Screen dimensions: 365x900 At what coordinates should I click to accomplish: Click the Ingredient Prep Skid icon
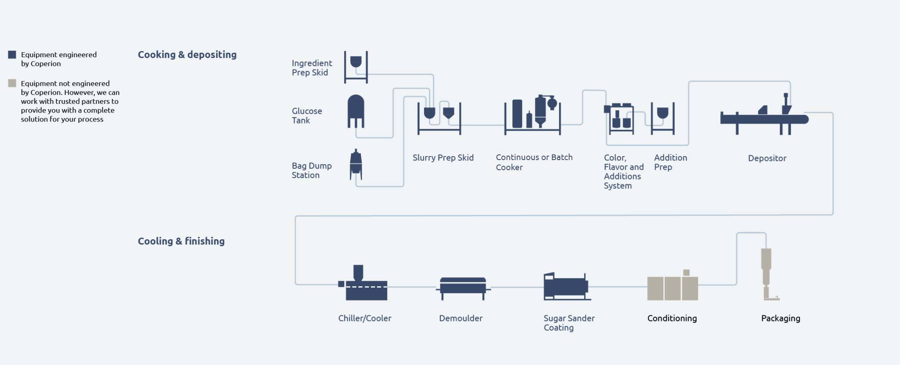tap(356, 67)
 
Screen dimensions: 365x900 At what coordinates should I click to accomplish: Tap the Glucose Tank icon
tap(356, 111)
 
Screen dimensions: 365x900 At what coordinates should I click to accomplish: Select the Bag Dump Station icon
tap(356, 165)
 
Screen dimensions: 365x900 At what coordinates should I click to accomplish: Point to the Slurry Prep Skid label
tap(443, 157)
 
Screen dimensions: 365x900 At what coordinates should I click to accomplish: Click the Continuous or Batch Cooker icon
tap(533, 114)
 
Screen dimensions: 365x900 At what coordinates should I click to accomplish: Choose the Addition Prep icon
tap(663, 118)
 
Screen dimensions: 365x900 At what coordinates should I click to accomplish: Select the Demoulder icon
tap(463, 288)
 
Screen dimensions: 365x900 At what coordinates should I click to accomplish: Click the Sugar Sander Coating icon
tap(566, 286)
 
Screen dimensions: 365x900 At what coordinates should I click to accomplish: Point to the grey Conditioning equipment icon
tap(672, 287)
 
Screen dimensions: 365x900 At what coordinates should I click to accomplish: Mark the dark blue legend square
tap(12, 55)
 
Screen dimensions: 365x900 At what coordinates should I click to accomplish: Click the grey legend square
tap(12, 83)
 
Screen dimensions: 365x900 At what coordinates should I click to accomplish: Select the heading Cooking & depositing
tap(187, 55)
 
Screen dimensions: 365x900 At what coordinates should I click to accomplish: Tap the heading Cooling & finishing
tap(181, 241)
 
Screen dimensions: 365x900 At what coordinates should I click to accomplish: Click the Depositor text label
tap(767, 158)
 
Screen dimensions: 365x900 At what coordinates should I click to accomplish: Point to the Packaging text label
tap(780, 318)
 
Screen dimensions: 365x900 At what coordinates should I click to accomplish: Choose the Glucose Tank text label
tap(307, 116)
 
